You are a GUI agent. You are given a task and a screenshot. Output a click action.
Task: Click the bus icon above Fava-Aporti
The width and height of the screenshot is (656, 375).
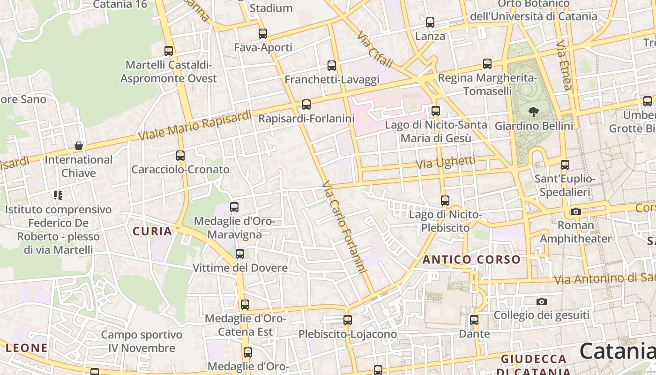point(263,34)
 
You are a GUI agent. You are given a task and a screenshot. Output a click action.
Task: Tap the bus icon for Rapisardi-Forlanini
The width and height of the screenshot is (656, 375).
point(306,105)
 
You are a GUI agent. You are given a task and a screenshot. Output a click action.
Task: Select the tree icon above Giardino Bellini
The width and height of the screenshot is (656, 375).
point(533,112)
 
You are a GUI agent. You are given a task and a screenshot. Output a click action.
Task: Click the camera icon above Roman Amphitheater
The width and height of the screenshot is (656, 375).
point(576,211)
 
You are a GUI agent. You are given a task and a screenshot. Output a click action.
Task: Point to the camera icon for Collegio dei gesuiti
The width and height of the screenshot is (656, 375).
point(542,301)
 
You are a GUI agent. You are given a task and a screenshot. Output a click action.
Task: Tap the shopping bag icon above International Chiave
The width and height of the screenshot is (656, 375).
point(79,146)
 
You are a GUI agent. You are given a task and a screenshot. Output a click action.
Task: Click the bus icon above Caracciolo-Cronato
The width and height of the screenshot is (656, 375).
point(180,155)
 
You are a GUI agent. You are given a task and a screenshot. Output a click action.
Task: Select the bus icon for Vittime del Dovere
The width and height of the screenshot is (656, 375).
point(240,254)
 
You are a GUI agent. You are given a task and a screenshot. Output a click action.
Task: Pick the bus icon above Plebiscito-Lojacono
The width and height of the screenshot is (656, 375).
point(348,320)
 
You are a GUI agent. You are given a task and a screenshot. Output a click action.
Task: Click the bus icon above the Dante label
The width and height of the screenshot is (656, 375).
point(474,320)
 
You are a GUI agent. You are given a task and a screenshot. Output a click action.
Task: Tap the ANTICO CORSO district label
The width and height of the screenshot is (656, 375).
point(471,260)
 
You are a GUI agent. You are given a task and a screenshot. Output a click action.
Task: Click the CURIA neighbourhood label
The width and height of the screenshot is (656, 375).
point(152,231)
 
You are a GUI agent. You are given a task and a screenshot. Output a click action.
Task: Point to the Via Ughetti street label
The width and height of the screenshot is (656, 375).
point(446,163)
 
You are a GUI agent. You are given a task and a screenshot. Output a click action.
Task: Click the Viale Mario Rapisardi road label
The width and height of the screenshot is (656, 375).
point(195,126)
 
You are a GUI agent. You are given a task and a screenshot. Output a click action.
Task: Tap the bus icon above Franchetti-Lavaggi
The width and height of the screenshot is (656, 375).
point(332,66)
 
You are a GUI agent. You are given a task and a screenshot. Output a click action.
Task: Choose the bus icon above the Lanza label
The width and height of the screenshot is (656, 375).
point(430,22)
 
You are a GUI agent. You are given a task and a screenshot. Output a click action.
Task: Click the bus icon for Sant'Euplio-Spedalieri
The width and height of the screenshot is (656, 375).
point(565,165)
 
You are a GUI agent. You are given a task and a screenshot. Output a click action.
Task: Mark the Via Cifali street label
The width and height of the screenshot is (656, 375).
point(374,50)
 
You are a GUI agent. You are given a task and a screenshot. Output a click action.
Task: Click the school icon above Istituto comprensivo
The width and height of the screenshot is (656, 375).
point(58,195)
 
